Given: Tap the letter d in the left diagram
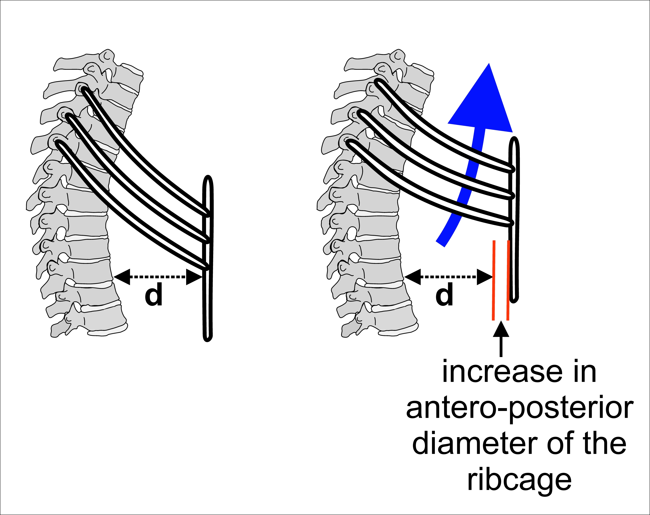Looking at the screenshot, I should tap(153, 294).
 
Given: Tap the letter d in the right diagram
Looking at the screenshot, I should tap(444, 294).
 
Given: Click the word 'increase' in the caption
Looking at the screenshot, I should tap(502, 373).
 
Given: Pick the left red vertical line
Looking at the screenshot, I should tap(494, 280).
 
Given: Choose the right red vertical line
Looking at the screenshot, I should tap(508, 280).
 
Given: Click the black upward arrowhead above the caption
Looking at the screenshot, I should tap(501, 329).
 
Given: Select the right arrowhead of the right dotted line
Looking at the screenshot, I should tap(484, 277).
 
